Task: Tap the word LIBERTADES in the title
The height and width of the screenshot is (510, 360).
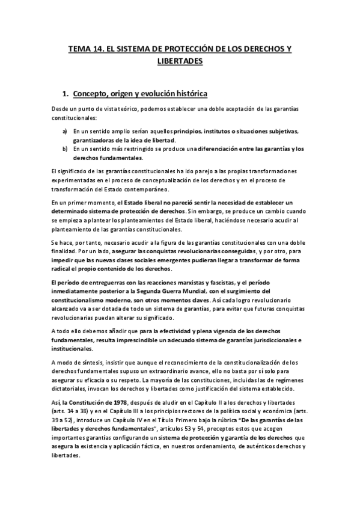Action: tap(180, 61)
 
